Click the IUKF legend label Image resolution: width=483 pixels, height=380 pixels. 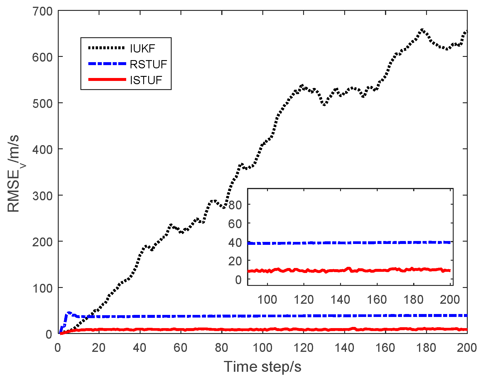pos(142,48)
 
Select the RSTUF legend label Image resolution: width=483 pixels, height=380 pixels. pos(148,64)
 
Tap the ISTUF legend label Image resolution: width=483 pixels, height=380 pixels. pos(146,80)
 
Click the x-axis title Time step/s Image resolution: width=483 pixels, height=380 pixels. pos(262,367)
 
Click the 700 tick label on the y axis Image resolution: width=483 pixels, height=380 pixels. pos(42,12)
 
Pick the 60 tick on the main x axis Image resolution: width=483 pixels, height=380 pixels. pos(180,348)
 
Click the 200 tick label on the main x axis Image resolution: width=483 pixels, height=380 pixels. pos(467,348)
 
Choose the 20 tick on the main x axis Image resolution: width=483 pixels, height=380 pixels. pos(99,348)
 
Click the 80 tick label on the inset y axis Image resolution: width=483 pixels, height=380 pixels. pos(235,205)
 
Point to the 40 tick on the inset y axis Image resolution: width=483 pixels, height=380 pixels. pos(235,242)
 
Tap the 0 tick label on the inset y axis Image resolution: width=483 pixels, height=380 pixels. pos(238,280)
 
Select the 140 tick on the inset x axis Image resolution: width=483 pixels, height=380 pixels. pos(340,300)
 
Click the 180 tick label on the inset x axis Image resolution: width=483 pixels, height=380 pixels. pos(414,300)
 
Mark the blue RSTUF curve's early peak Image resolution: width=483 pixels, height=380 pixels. pos(69,313)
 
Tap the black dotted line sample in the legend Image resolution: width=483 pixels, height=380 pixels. pos(107,48)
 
